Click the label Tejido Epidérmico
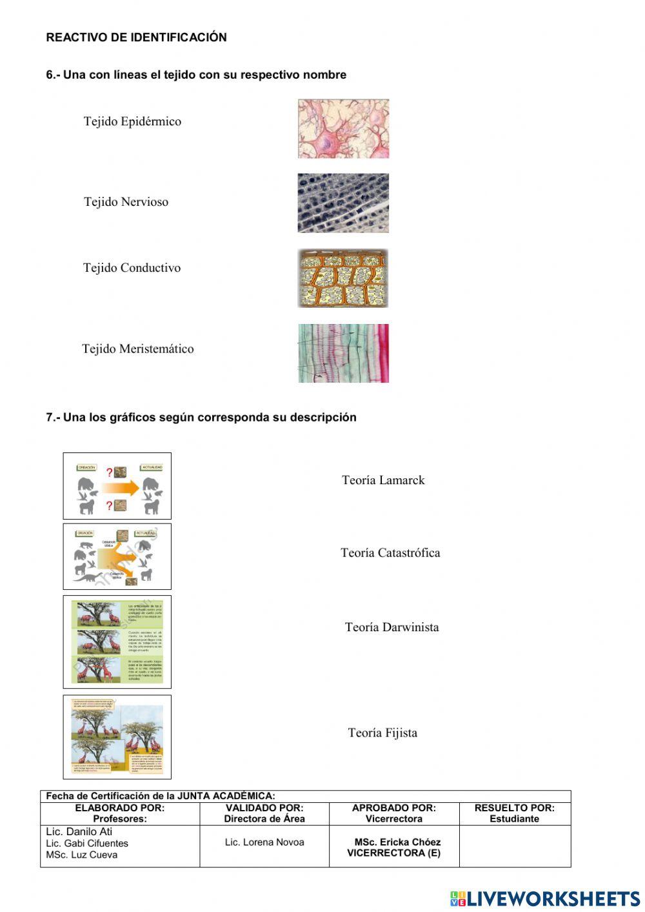click(132, 121)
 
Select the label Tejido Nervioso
click(126, 202)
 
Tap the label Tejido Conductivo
click(132, 268)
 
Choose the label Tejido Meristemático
click(137, 349)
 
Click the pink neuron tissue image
click(343, 128)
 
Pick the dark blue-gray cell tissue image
click(343, 203)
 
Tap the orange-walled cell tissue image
click(343, 279)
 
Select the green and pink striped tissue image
click(343, 353)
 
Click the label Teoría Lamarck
click(383, 480)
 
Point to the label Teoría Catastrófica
click(390, 553)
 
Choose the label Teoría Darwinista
click(392, 627)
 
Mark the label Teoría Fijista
click(382, 733)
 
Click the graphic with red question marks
click(117, 486)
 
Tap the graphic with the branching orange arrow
click(117, 556)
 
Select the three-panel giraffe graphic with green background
click(117, 642)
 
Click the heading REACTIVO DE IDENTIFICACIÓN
click(136, 37)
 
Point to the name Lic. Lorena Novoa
click(264, 842)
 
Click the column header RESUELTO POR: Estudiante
click(514, 813)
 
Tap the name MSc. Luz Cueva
click(81, 855)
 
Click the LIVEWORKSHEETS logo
click(545, 898)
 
